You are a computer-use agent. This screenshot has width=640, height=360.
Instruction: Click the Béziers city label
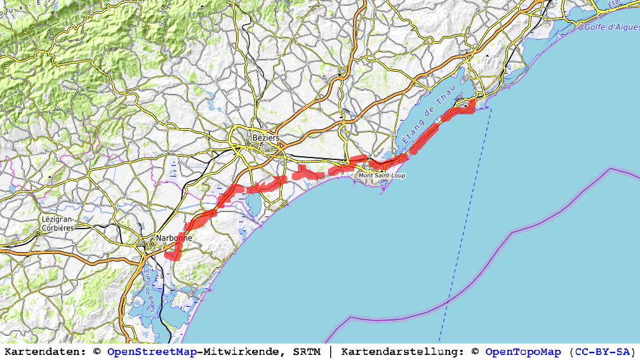coord(265,137)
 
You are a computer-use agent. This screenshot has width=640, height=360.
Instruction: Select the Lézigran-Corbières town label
coord(58,223)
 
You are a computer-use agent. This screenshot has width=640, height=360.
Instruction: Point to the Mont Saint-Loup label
coord(382,175)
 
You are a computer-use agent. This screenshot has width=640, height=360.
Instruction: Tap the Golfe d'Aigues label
coord(611,27)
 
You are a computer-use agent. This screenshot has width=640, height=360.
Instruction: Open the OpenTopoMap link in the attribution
coord(523,352)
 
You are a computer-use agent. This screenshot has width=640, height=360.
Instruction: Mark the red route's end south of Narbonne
coord(168,255)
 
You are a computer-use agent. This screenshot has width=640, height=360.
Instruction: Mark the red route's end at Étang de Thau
coord(472,102)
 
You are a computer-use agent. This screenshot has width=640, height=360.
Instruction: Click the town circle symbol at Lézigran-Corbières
coord(38,232)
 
